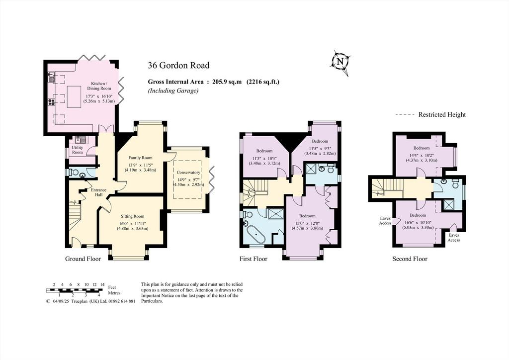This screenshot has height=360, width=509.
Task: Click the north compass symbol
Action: (x=340, y=62)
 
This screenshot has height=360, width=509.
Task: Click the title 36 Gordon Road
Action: (x=178, y=65)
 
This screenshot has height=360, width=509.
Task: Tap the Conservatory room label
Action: (x=188, y=173)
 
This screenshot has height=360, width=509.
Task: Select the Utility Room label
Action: (x=77, y=150)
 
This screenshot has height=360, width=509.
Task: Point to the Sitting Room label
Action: (x=132, y=216)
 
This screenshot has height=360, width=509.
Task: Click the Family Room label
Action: (x=140, y=158)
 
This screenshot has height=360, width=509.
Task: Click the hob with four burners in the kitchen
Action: (x=52, y=102)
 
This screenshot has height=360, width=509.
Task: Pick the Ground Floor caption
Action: (x=83, y=259)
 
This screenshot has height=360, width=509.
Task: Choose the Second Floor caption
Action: (x=410, y=259)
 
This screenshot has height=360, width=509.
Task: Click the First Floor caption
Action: (x=253, y=259)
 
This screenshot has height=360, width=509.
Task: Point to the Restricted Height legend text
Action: (x=442, y=114)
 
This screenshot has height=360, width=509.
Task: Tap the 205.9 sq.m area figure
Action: (x=227, y=82)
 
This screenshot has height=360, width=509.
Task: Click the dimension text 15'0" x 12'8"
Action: (x=307, y=223)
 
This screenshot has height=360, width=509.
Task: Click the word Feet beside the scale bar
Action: (x=112, y=287)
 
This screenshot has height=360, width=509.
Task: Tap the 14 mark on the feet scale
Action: (x=102, y=284)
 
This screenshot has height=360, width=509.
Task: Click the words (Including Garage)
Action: (x=173, y=91)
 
